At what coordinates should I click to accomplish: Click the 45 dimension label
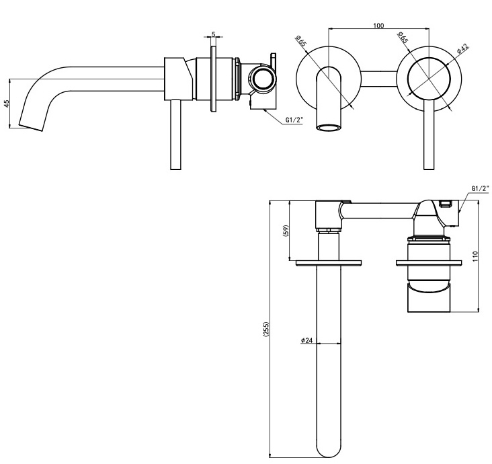(7, 104)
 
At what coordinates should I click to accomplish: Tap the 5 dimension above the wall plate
(213, 34)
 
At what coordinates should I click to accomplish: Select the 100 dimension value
(378, 26)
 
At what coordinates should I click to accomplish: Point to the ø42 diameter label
(462, 48)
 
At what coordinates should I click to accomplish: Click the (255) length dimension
(266, 329)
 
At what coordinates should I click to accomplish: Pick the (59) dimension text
(286, 231)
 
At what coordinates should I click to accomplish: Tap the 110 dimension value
(475, 256)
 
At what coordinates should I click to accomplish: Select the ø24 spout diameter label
(306, 340)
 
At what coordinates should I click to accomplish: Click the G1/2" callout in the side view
(294, 120)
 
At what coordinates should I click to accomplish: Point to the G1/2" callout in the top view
(481, 188)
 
